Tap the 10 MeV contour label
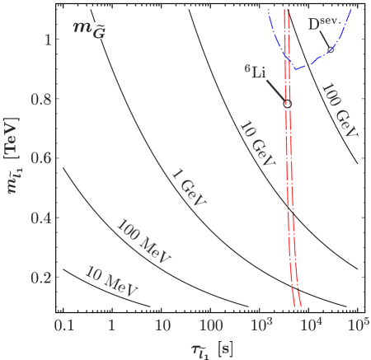click(x=111, y=281)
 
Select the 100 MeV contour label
click(x=143, y=242)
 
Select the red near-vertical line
click(x=287, y=165)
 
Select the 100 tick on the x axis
click(x=211, y=325)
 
